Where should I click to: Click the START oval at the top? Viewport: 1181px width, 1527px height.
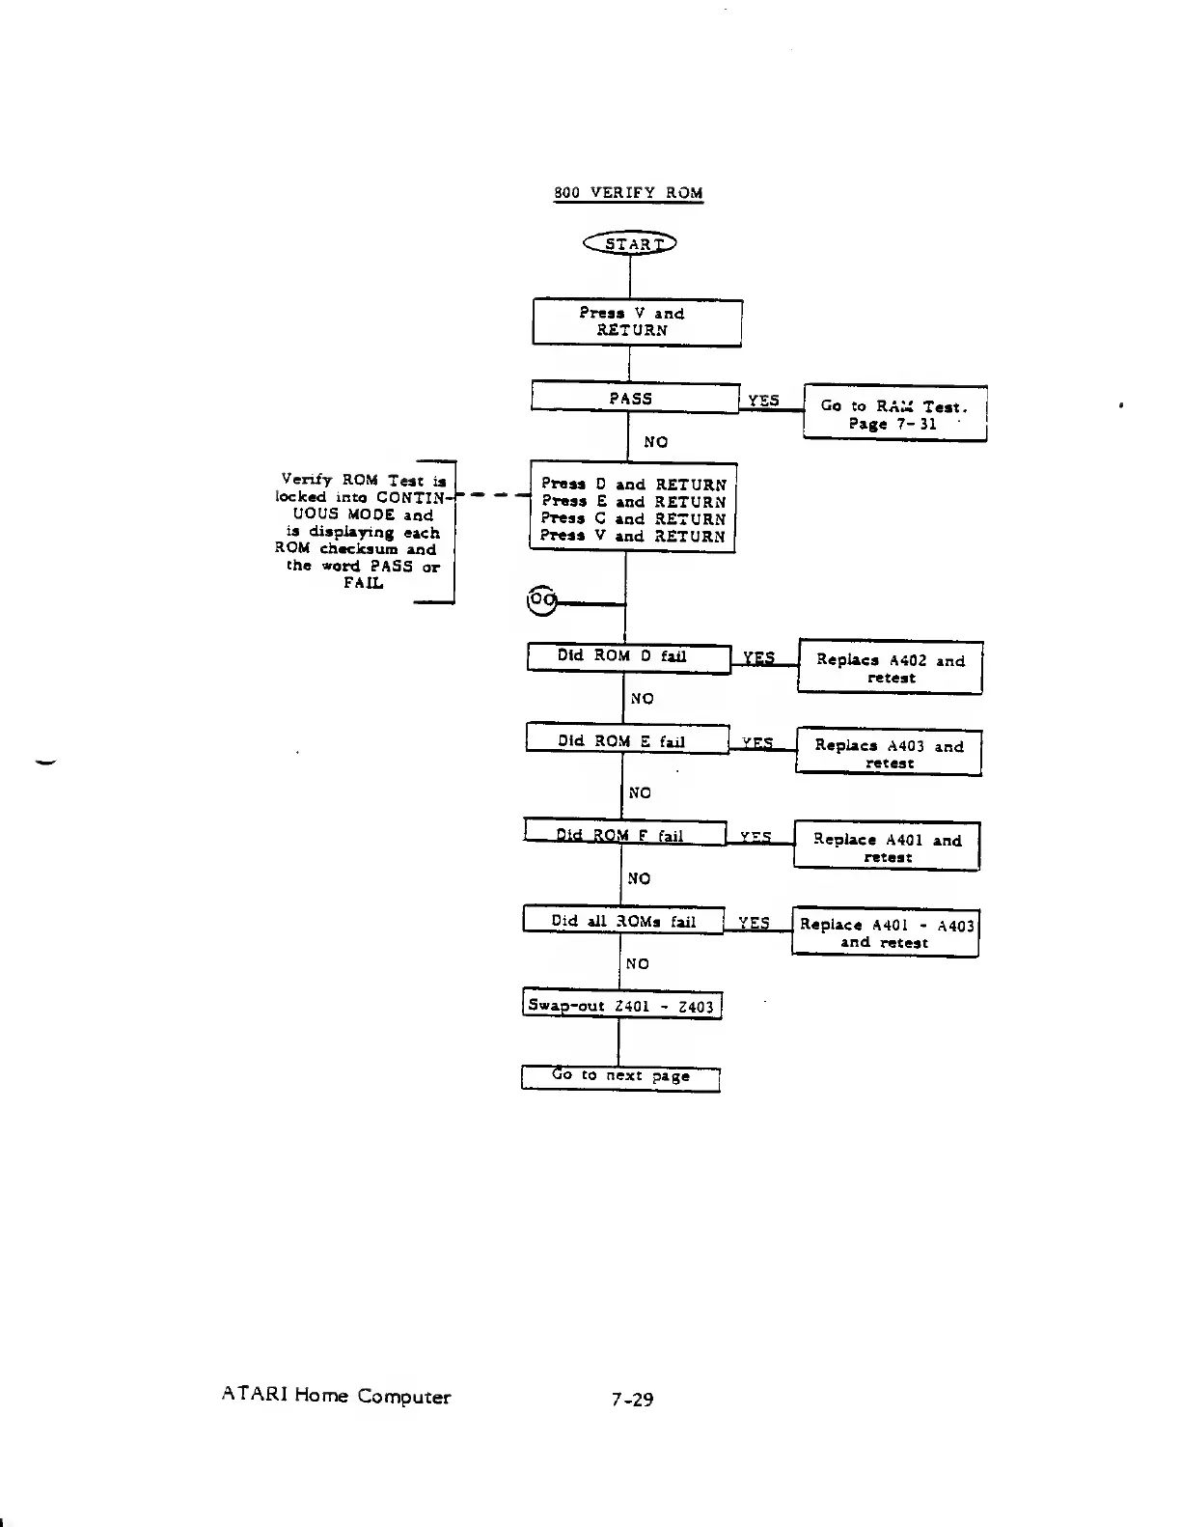click(630, 243)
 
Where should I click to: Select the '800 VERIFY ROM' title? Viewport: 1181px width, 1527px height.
click(628, 192)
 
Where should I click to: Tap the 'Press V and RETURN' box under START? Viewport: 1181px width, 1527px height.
click(637, 322)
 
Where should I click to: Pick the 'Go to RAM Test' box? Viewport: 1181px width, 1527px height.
click(894, 414)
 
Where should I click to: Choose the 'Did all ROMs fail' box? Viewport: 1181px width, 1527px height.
click(622, 920)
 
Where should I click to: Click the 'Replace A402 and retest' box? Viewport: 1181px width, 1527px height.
click(890, 668)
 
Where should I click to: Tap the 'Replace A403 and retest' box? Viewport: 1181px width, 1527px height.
click(889, 753)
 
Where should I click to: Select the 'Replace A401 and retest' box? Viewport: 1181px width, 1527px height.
click(887, 847)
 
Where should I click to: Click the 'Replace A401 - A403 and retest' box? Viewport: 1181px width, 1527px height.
click(885, 933)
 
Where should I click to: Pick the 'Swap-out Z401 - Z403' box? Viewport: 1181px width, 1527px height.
click(621, 1006)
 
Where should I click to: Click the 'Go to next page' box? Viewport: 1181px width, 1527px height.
click(620, 1076)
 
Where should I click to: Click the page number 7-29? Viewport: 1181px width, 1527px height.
click(632, 1399)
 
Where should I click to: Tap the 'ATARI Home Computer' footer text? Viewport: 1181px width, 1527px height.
click(336, 1396)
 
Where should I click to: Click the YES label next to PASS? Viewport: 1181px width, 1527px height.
click(763, 401)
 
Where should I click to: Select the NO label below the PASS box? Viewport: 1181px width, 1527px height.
click(655, 442)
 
